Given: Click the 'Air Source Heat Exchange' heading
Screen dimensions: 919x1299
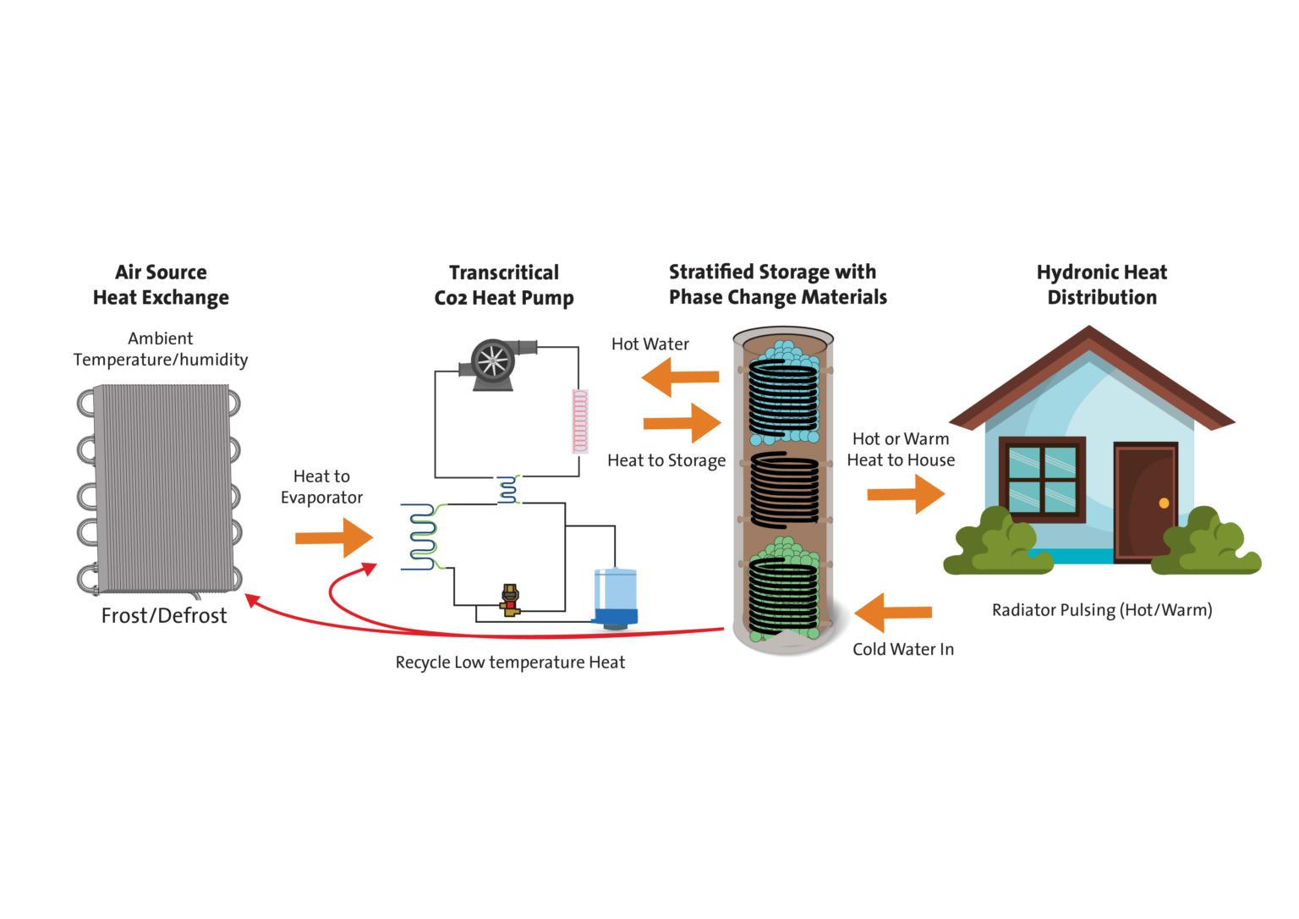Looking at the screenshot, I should tap(161, 285).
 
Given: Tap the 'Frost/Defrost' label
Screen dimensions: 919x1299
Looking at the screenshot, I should tap(164, 615).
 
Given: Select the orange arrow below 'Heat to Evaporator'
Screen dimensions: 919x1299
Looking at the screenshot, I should tap(334, 537).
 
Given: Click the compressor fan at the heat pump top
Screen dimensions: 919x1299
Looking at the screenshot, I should tap(493, 362).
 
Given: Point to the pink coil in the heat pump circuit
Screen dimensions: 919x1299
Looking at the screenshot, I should tap(580, 421).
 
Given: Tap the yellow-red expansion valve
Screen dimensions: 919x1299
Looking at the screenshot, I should tap(510, 599).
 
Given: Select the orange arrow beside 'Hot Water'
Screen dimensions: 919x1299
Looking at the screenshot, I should tap(680, 377).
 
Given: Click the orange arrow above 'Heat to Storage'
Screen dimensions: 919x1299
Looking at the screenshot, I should tap(682, 422).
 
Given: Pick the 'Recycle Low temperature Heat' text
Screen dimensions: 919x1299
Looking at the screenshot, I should tap(510, 663).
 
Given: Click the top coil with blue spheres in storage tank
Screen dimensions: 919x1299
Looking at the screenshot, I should tap(784, 393).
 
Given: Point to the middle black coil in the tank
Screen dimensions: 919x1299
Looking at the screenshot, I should tap(784, 489).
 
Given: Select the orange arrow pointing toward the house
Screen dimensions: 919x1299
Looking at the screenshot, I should tap(906, 494).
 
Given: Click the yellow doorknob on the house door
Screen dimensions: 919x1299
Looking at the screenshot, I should tap(1164, 504).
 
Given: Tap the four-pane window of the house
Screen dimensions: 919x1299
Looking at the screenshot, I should tap(1042, 480).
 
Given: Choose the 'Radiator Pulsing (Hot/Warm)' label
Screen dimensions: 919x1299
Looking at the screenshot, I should tap(1102, 610).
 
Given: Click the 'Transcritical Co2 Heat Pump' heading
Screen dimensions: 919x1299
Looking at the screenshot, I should tap(504, 285).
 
